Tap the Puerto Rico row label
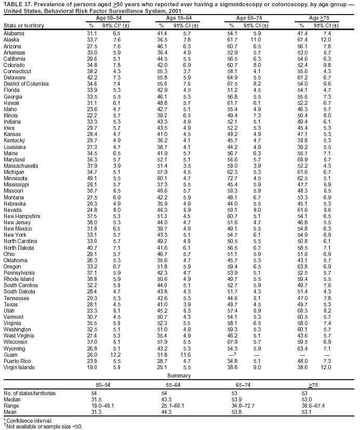coord(17,360)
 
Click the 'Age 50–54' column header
coord(101,18)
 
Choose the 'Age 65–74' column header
coord(249,18)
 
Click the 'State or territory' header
coord(23,25)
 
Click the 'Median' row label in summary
coord(12,400)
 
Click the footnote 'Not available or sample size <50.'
coord(44,426)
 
